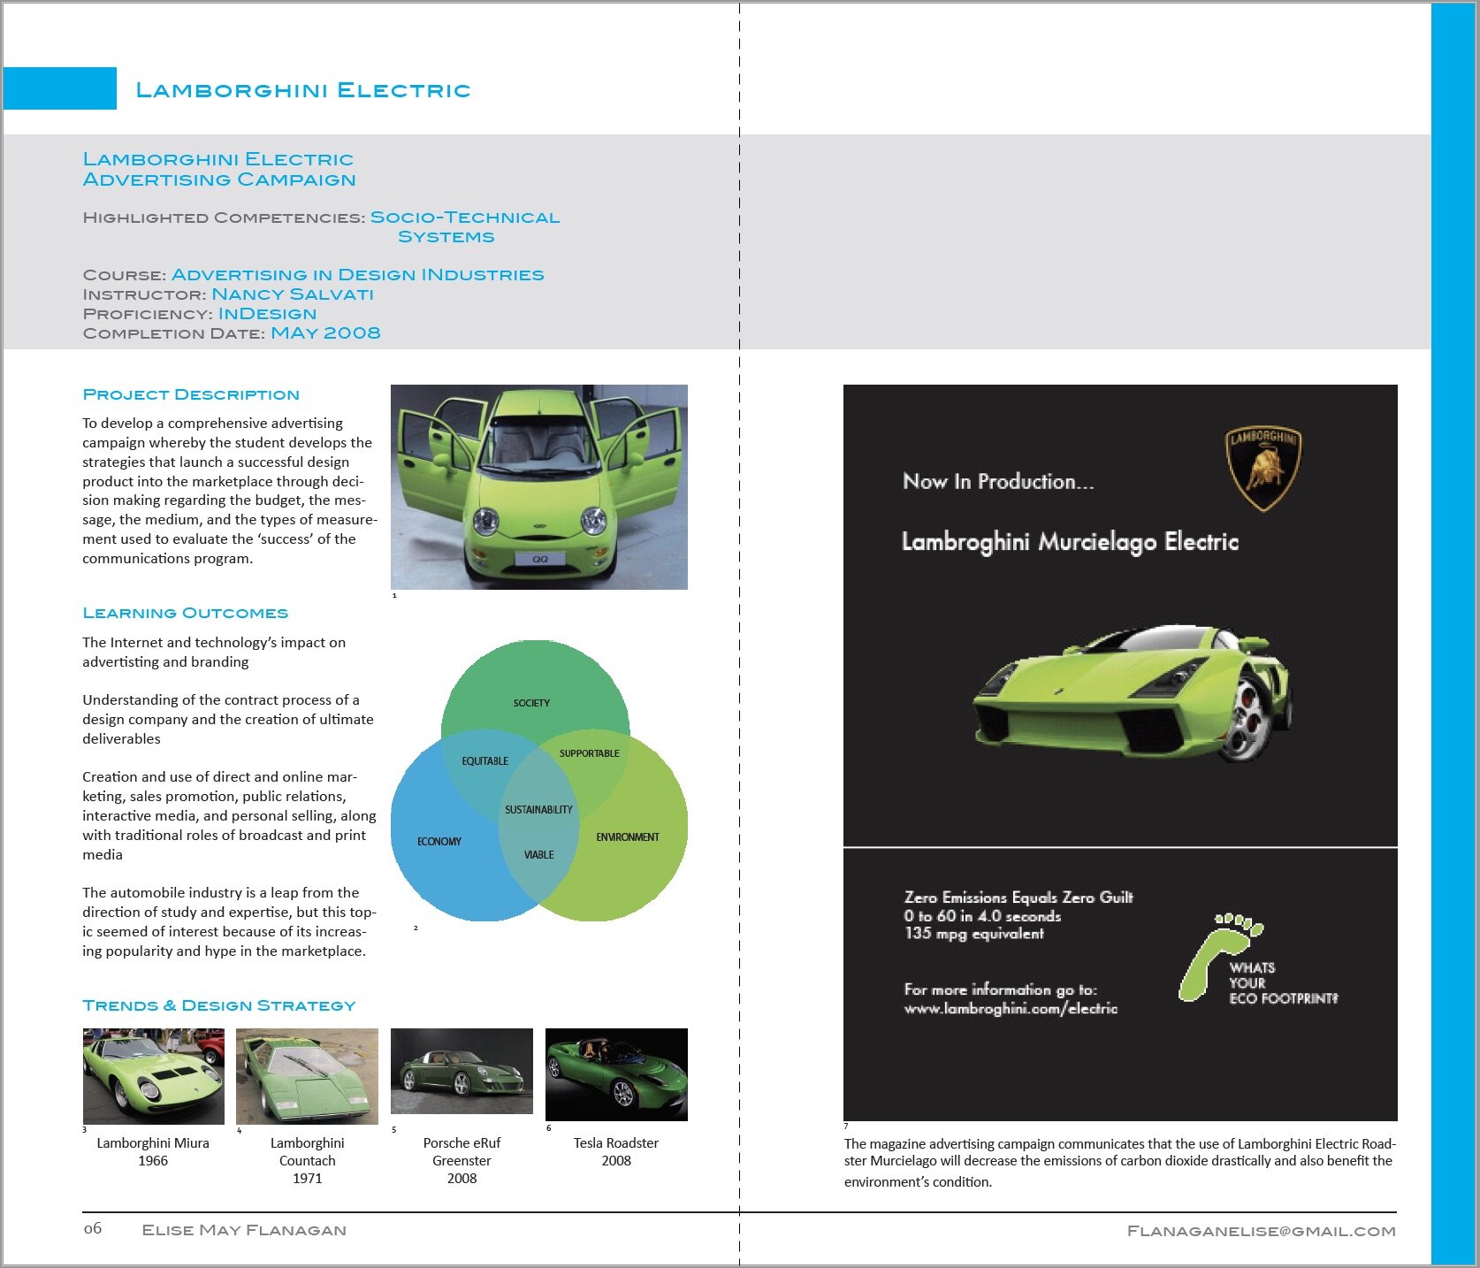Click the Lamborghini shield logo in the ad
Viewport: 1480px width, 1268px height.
coord(1263,469)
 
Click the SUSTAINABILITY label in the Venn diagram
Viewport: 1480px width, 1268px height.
coord(538,809)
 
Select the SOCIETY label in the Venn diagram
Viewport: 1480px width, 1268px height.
coord(531,703)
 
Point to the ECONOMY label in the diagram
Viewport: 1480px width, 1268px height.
coord(439,841)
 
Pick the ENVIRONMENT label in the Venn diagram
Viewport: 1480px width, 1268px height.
coord(628,836)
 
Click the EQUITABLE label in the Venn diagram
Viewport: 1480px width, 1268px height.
coord(485,760)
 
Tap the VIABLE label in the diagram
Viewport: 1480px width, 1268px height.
coord(538,854)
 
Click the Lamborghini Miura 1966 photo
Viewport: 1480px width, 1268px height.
coord(154,1075)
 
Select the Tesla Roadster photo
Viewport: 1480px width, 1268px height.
coord(616,1074)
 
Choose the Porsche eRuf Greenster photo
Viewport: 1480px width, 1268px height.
coord(462,1071)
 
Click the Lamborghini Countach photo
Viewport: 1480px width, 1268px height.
coord(307,1075)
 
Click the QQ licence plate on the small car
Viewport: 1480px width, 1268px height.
coord(540,559)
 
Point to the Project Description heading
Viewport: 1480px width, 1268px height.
coord(191,394)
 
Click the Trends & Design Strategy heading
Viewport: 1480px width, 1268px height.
coord(219,1005)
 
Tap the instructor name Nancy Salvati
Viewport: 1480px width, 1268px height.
coord(293,294)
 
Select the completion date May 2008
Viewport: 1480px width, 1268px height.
coord(325,333)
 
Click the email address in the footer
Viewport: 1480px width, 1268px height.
coord(1261,1231)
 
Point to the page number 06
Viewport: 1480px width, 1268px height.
coord(93,1228)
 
